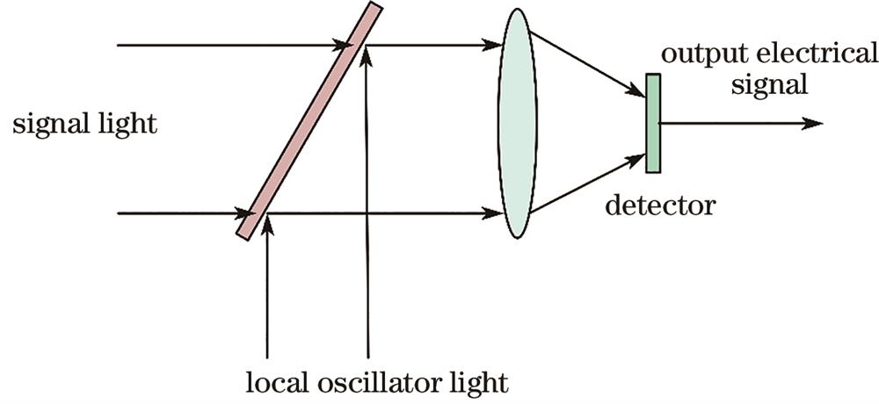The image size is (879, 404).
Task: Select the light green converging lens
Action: point(518,123)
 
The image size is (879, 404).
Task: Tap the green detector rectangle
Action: point(652,123)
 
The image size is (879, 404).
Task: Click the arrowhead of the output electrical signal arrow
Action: point(813,123)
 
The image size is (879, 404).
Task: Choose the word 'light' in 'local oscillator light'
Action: point(482,384)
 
